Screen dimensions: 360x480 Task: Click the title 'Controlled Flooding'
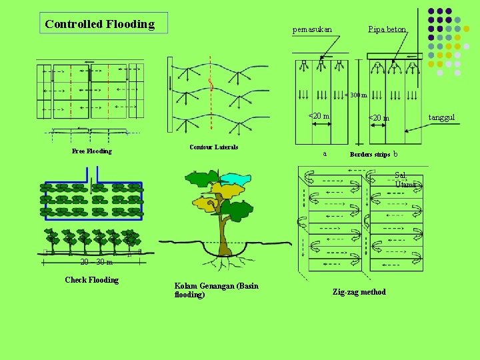100,24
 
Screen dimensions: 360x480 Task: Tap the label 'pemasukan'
312,29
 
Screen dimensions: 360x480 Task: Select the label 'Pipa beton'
387,29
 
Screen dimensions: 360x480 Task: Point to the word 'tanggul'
441,117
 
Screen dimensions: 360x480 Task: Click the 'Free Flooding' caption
91,151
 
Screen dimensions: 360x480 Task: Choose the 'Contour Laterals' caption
213,147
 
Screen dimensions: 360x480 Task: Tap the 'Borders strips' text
370,155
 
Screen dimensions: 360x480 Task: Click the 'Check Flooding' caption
91,280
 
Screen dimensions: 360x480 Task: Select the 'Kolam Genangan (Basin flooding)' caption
216,290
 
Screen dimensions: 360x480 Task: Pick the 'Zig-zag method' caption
359,292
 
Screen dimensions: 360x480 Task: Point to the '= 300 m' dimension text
356,95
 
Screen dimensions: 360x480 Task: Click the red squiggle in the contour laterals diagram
211,85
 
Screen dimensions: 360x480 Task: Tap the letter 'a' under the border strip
325,154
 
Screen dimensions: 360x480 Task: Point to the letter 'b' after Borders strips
396,154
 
